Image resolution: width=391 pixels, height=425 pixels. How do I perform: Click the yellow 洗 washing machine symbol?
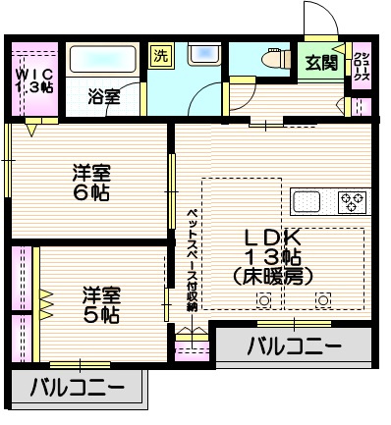pos(159,55)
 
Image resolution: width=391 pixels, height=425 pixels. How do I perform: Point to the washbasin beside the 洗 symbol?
pos(202,55)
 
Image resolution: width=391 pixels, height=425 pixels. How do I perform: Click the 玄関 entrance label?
pos(319,65)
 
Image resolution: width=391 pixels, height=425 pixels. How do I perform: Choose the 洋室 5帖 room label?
pos(100,304)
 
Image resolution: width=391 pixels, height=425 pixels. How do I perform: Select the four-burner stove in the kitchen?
pos(352,202)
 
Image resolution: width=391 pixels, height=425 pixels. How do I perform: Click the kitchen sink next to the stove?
pos(307,202)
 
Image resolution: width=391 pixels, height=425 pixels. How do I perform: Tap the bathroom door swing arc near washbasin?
pos(206,98)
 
